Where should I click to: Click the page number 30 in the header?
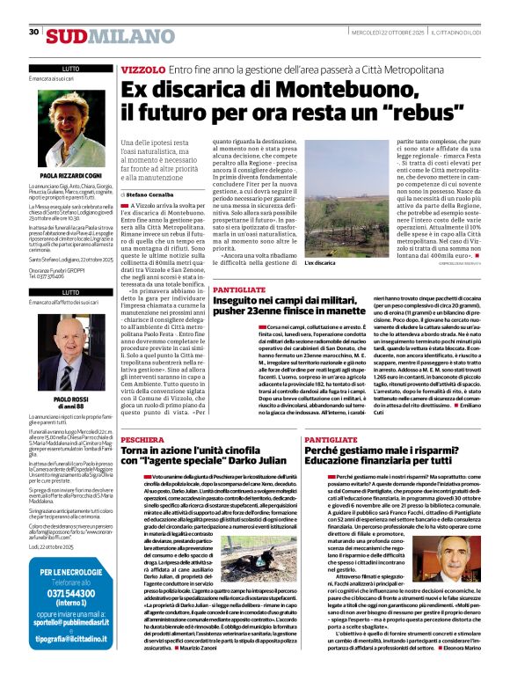click(33, 32)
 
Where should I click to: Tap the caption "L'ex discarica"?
click(344, 263)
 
